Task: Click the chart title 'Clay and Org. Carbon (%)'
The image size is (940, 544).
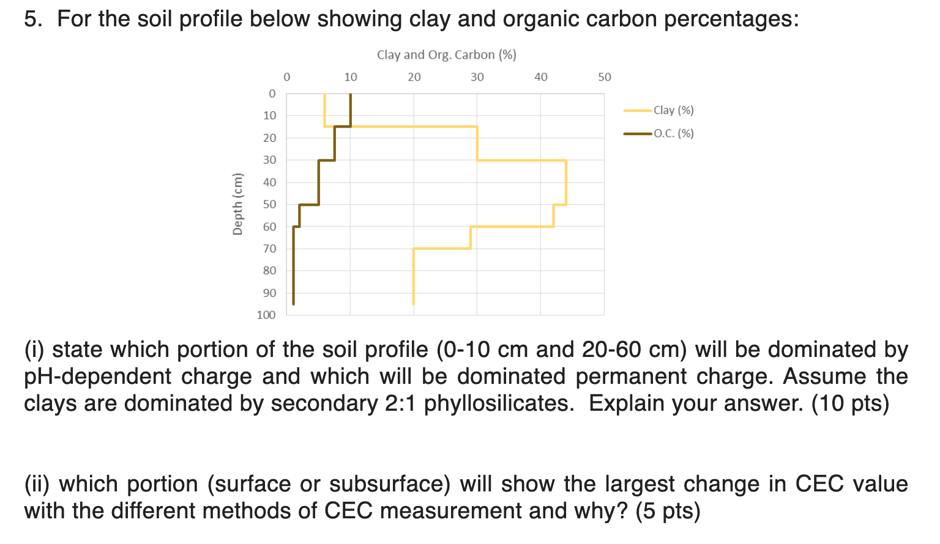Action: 447,55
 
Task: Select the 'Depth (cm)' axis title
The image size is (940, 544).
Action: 237,204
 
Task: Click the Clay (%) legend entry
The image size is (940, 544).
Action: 673,111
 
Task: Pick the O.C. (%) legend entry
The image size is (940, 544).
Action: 673,134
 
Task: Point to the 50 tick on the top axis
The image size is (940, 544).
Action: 604,78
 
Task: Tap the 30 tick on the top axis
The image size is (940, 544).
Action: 477,78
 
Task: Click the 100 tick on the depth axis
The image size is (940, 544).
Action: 266,315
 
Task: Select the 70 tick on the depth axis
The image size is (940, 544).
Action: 269,249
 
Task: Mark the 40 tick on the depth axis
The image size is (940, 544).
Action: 269,182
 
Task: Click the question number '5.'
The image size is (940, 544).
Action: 34,20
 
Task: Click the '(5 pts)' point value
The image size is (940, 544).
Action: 668,511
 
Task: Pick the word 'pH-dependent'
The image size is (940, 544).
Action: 97,377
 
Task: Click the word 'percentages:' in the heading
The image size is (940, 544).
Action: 731,20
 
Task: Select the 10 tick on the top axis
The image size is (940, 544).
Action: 351,78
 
